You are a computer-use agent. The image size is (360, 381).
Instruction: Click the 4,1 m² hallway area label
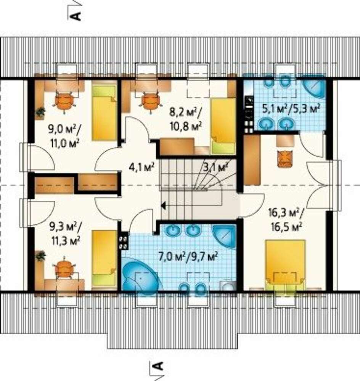click(x=141, y=167)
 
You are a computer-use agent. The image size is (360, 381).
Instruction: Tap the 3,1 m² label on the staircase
click(x=215, y=167)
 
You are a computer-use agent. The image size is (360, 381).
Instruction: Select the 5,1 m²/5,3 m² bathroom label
click(x=291, y=109)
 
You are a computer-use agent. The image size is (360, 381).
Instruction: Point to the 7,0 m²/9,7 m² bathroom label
click(x=188, y=256)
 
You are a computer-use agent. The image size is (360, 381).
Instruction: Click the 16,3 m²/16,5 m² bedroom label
click(x=286, y=220)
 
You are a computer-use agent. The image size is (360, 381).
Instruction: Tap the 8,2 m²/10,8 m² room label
click(x=186, y=120)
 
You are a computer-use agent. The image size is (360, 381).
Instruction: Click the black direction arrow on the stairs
click(x=163, y=206)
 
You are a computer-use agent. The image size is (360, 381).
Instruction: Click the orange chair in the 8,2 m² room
click(x=150, y=102)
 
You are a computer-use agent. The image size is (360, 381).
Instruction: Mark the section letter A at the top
click(x=75, y=16)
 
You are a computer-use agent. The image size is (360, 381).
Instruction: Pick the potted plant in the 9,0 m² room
click(x=40, y=112)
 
